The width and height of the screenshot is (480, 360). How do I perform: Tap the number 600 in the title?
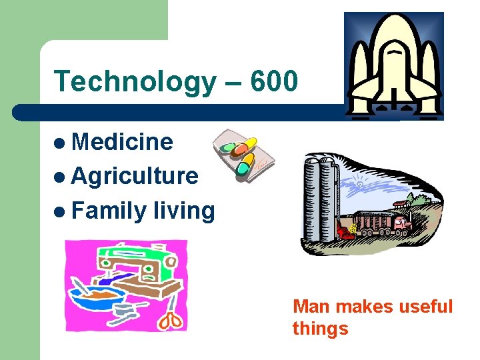(274, 81)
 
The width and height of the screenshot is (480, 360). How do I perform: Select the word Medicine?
(122, 141)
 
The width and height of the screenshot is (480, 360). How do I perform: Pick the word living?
(184, 211)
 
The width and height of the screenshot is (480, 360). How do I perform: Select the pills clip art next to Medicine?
(242, 156)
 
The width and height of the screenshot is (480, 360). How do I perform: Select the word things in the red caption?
(320, 329)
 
